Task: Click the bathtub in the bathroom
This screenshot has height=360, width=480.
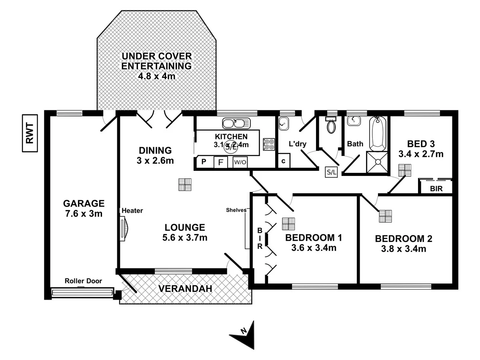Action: tap(378, 134)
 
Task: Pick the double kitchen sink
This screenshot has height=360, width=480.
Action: tap(236, 122)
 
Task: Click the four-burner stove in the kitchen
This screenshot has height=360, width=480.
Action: tap(269, 144)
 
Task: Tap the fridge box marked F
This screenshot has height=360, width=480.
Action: tap(220, 162)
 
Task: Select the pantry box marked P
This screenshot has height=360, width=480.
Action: tap(203, 162)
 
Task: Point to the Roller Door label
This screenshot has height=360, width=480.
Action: tap(83, 281)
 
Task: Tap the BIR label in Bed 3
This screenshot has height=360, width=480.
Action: tap(437, 189)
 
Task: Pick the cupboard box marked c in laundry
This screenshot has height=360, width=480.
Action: tap(284, 162)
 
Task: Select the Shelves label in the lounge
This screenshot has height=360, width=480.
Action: tap(236, 210)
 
